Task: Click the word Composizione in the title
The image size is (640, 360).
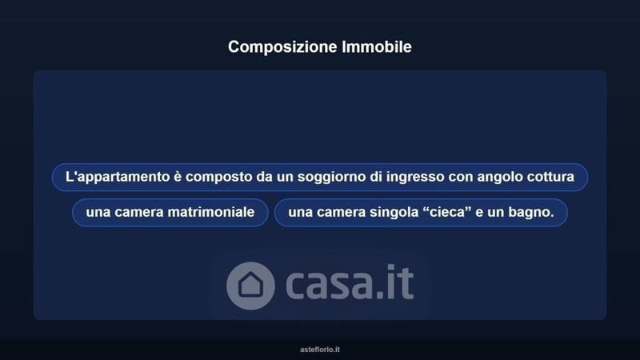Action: [282, 47]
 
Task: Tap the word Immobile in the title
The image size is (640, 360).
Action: [377, 46]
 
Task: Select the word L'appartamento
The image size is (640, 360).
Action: [112, 178]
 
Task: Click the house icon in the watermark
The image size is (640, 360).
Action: [250, 286]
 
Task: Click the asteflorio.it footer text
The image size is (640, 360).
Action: [320, 350]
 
